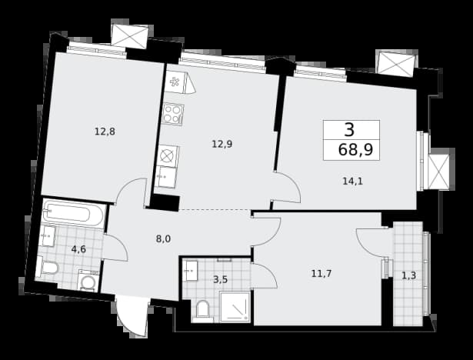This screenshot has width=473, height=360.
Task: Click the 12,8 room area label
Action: (105, 132)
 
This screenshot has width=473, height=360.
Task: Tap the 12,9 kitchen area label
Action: (222, 145)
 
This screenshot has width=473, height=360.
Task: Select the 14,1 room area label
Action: (353, 181)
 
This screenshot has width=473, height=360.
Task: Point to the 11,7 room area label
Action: (321, 274)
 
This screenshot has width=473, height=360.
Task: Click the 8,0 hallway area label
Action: (164, 239)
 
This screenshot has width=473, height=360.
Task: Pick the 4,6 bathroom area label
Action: (78, 249)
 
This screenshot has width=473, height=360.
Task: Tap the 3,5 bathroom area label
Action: (220, 280)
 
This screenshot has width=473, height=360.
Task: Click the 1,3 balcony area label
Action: (409, 275)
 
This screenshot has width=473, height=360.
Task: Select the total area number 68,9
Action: (355, 149)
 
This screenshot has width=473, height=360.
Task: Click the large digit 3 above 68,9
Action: (349, 130)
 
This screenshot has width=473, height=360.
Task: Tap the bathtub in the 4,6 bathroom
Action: (74, 213)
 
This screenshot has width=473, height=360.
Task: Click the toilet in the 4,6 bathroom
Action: (47, 267)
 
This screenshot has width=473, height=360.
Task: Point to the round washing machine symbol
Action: (88, 282)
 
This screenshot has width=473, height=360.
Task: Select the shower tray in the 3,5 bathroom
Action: (235, 307)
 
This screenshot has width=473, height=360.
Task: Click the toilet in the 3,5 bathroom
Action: (203, 311)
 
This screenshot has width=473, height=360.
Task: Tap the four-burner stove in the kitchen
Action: (172, 114)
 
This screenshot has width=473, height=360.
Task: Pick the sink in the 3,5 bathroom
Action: (190, 271)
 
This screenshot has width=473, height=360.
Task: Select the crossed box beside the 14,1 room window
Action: (439, 172)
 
